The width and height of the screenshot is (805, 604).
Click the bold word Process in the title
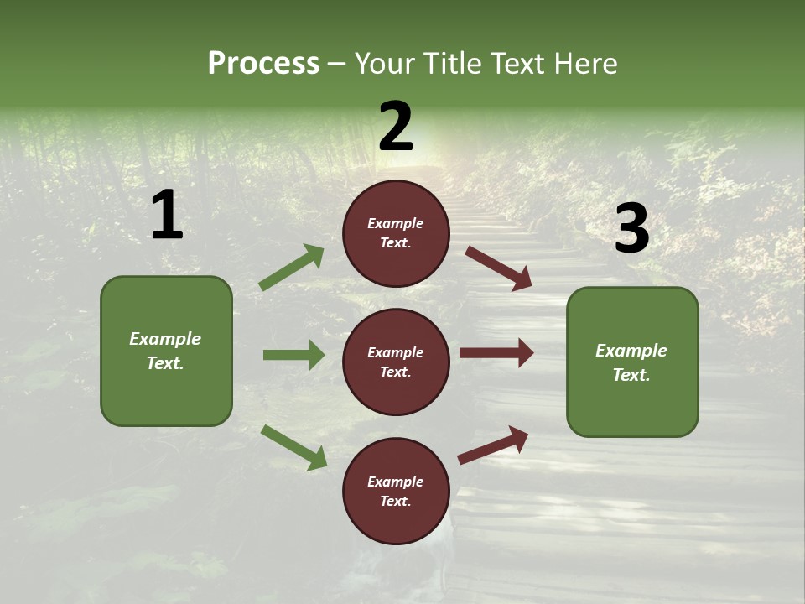coord(263,64)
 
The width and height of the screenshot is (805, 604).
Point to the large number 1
coord(167,216)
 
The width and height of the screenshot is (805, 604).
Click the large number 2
coord(396,126)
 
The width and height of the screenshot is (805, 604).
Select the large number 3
coord(631,229)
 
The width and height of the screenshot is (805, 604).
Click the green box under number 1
coord(166,351)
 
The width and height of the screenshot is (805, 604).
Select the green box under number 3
coord(632,362)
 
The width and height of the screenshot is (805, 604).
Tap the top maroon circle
coord(396,233)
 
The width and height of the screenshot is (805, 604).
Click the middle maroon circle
coord(396,362)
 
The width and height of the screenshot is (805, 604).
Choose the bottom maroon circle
coord(396,491)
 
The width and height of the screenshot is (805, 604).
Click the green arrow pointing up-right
coord(292,268)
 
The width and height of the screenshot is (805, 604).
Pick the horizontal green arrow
coord(293,355)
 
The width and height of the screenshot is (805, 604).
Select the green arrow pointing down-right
coord(293,447)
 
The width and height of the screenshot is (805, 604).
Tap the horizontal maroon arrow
coord(496,353)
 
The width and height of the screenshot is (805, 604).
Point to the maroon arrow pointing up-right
coord(493,445)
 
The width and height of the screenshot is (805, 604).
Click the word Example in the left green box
coord(165,339)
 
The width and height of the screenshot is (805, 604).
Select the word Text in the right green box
coord(631,375)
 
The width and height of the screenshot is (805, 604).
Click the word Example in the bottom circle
coord(396,482)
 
